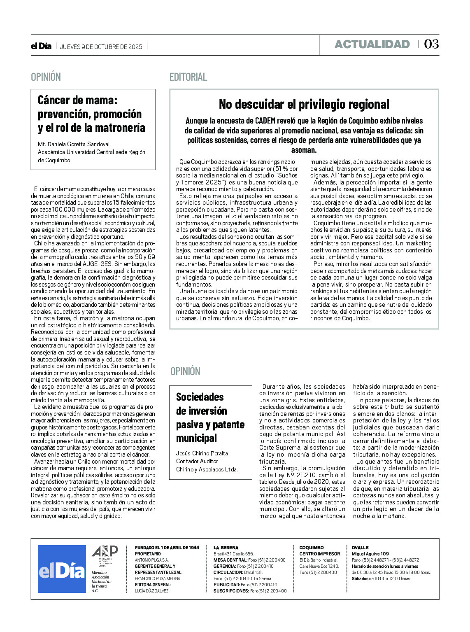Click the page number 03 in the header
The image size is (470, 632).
tap(431, 44)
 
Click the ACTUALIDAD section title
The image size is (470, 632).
tap(372, 44)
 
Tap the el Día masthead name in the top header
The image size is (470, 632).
tap(41, 46)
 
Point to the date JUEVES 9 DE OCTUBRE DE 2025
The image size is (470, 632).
tap(101, 47)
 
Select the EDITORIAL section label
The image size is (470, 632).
tap(188, 77)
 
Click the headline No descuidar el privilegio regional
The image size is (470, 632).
tap(304, 104)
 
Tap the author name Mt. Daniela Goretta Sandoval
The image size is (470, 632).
tap(74, 144)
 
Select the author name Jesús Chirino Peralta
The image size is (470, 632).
tap(202, 453)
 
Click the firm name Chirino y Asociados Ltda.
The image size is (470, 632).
tap(207, 469)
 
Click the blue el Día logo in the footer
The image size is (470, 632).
tap(62, 569)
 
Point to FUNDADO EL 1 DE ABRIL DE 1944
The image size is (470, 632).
tap(167, 548)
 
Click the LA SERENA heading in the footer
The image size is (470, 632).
tap(226, 548)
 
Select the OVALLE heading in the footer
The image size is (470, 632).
tap(360, 548)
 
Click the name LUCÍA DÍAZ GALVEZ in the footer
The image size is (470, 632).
tap(151, 591)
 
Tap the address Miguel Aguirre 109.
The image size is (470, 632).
tap(370, 554)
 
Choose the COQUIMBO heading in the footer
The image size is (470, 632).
tap(311, 548)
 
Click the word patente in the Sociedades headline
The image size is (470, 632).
tap(227, 425)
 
